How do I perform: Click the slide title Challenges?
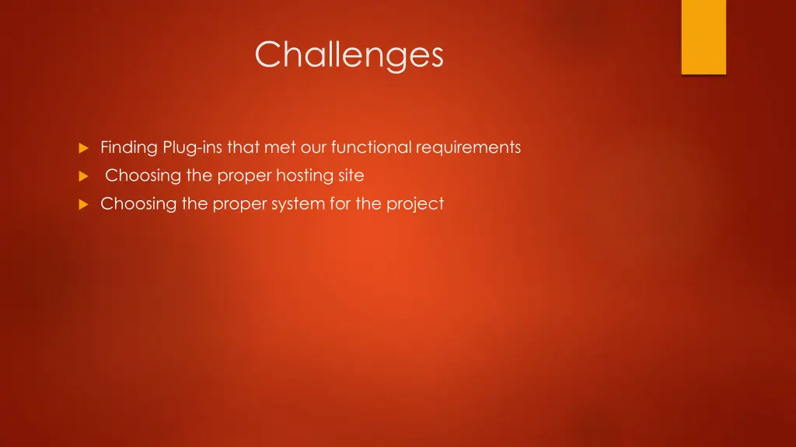pos(349,55)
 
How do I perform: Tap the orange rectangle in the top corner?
pos(703,36)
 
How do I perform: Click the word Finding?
pos(129,147)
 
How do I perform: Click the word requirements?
pos(468,147)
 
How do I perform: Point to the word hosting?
pos(305,176)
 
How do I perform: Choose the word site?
pos(351,176)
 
